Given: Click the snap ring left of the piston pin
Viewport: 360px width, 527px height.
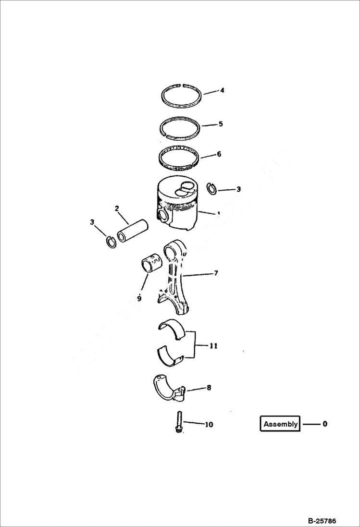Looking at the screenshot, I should [111, 242].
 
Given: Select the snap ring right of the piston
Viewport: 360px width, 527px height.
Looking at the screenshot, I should [211, 189].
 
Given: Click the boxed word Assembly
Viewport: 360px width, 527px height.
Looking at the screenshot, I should [281, 424].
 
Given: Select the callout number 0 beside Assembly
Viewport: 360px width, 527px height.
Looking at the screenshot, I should [325, 424].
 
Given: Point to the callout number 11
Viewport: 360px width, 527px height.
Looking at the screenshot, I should [214, 345].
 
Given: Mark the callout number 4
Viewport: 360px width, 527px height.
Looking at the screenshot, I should [222, 90].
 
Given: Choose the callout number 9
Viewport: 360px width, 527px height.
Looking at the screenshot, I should [139, 298].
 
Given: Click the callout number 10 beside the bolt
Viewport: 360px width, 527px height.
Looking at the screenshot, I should [209, 425].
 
